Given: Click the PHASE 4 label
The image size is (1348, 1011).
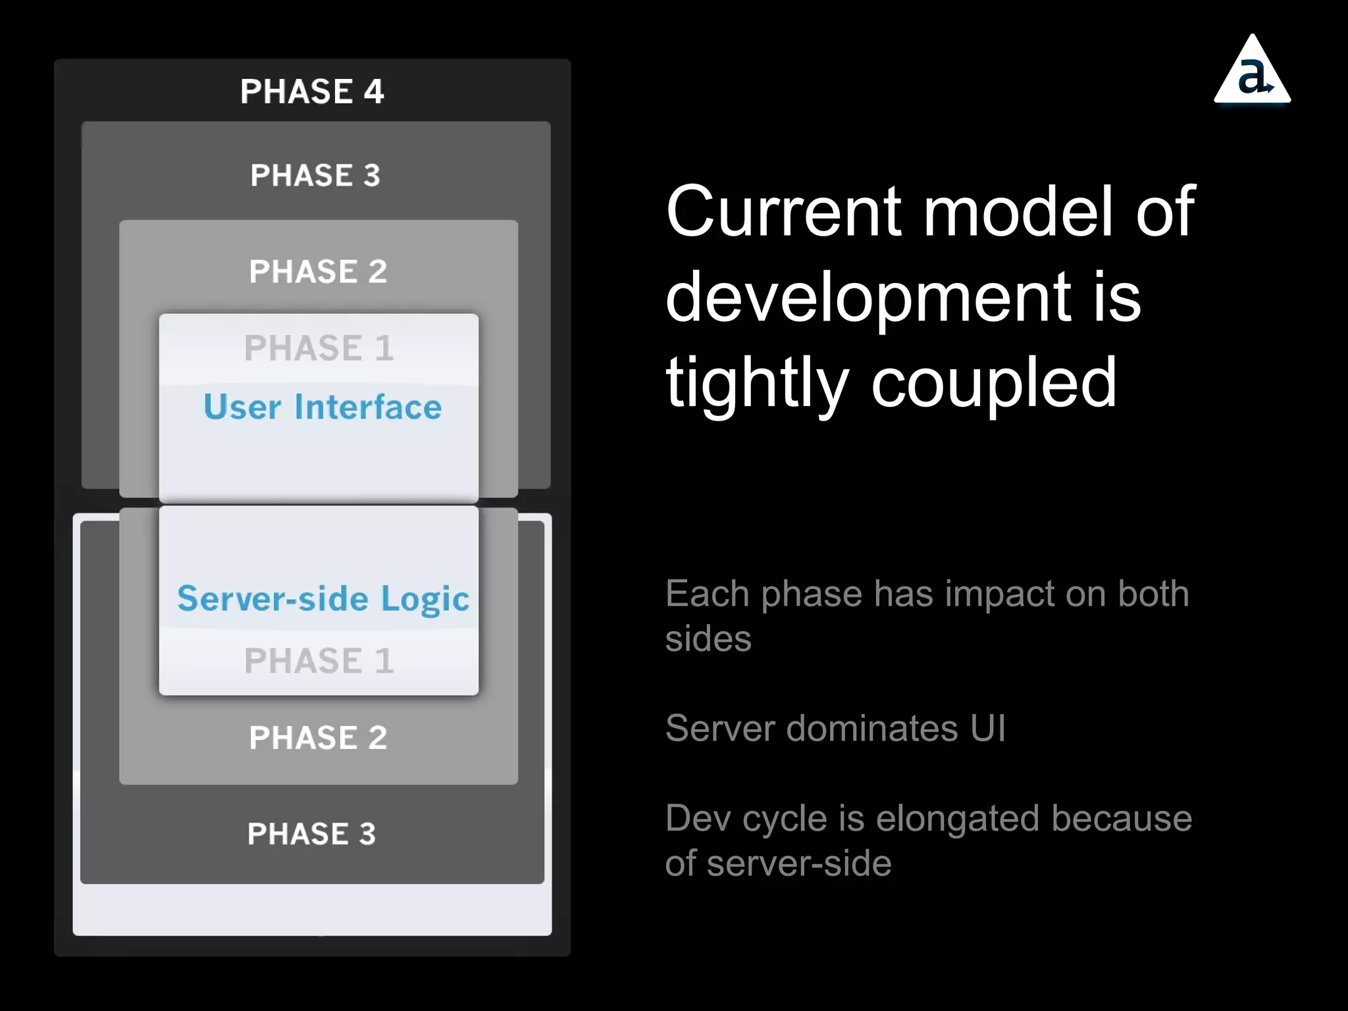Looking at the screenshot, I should tap(312, 91).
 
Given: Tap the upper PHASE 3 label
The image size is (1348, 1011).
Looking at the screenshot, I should tap(315, 176).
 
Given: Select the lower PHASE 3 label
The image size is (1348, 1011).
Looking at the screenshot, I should tap(311, 834).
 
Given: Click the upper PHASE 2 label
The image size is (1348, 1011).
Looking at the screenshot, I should tap(318, 272).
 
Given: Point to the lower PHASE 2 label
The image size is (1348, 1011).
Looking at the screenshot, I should tap(318, 738).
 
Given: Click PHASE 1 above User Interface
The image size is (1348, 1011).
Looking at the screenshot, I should tap(319, 348).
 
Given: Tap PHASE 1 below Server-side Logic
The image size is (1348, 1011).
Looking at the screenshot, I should tap(319, 661).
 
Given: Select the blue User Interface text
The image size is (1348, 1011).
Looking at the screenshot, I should tap(323, 407).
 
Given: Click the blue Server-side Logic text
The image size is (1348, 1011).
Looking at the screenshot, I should tap(323, 599).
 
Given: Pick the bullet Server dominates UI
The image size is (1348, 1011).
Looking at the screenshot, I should tap(835, 729).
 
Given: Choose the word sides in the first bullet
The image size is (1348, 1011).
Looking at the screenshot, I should tap(708, 639).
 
